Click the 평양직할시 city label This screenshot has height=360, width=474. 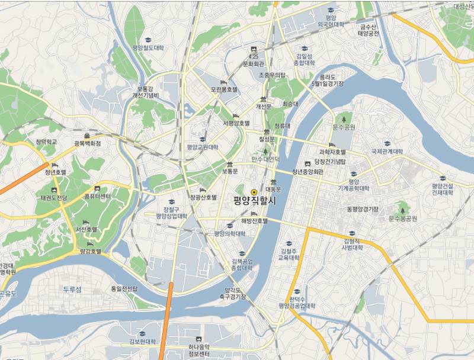pyautogui.click(x=255, y=201)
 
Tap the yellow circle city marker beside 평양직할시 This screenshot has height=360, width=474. pyautogui.click(x=254, y=192)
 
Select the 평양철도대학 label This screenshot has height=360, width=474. pyautogui.click(x=148, y=48)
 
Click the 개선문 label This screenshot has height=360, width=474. pyautogui.click(x=263, y=106)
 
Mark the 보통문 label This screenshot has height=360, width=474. pyautogui.click(x=229, y=171)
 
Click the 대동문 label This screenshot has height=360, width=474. pyautogui.click(x=273, y=189)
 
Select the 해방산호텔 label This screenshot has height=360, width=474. pyautogui.click(x=254, y=221)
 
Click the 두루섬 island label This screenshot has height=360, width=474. pyautogui.click(x=72, y=289)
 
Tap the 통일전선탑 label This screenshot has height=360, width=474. pyautogui.click(x=124, y=289)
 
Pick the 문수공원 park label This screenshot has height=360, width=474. pyautogui.click(x=344, y=127)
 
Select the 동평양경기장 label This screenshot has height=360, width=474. pyautogui.click(x=363, y=209)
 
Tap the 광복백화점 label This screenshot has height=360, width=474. pyautogui.click(x=87, y=143)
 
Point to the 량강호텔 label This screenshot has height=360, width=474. pyautogui.click(x=90, y=251)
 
